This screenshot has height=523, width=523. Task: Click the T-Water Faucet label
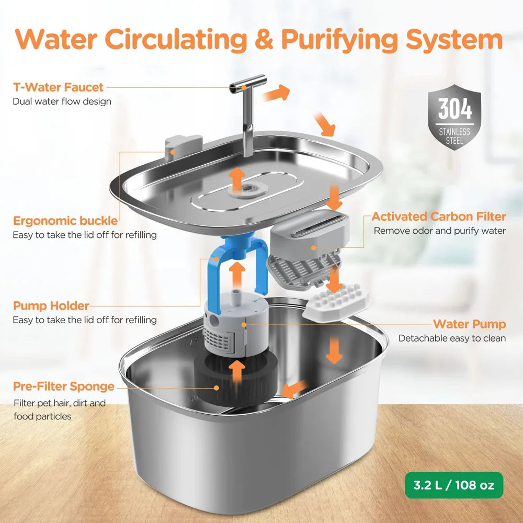(x=58, y=87)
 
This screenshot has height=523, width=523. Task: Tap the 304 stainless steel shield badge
(x=454, y=118)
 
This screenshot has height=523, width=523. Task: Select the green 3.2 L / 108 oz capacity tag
(x=453, y=485)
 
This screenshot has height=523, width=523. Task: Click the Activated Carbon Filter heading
(x=439, y=217)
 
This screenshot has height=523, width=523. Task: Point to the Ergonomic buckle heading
(x=65, y=221)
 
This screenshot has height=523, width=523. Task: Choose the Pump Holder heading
(x=51, y=306)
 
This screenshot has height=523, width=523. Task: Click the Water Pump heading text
(x=469, y=324)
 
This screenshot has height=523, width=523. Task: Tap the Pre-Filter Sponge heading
(x=64, y=386)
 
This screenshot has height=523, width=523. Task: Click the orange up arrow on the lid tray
(x=237, y=178)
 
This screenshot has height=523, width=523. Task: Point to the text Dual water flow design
(x=62, y=101)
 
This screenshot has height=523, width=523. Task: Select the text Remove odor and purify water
(x=439, y=231)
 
